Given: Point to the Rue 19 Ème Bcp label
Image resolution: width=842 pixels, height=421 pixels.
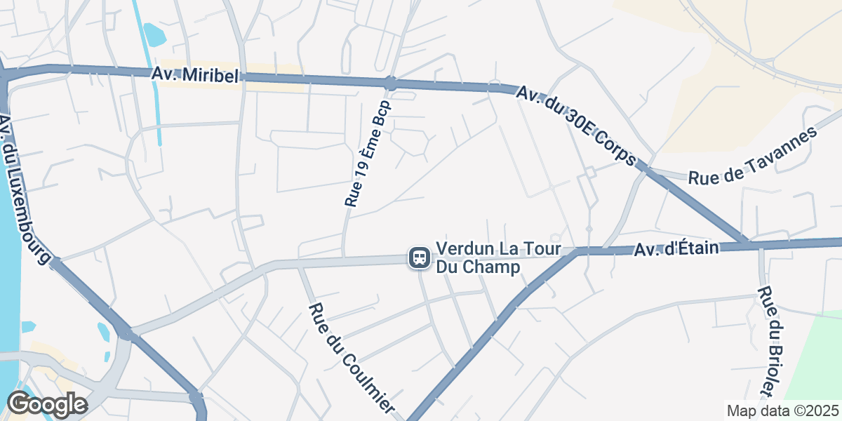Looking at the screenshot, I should (x=367, y=153).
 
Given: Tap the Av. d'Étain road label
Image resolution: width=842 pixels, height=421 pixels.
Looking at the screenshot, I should (x=678, y=248).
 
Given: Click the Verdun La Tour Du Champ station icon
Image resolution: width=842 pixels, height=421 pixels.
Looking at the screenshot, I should (x=420, y=258).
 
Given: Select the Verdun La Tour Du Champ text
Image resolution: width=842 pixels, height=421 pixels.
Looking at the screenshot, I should (x=498, y=258).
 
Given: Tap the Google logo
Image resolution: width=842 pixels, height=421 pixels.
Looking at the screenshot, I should (x=47, y=404).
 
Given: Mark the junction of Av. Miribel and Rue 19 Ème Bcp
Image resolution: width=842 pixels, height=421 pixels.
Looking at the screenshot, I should (x=390, y=83).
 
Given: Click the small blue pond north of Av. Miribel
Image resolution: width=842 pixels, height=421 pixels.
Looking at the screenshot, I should (x=153, y=34).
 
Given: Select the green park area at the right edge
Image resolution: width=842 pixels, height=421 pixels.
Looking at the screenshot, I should (x=817, y=358).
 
